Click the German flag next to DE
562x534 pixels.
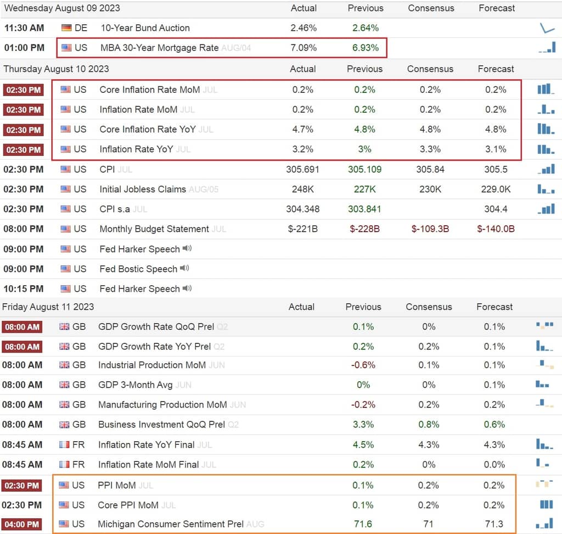[66, 27]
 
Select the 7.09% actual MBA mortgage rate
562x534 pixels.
[304, 48]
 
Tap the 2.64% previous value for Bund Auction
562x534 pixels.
[365, 27]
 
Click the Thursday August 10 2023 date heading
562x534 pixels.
[57, 69]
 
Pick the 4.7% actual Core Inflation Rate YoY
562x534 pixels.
[303, 129]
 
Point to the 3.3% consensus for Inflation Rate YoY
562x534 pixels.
[430, 149]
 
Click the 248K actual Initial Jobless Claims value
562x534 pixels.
[303, 189]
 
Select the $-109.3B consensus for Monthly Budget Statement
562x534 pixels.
[430, 229]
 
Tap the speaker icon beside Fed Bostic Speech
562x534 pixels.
[184, 268]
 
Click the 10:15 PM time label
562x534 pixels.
[23, 289]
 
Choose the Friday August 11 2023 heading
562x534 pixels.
[48, 307]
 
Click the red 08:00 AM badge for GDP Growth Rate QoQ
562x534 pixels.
[22, 327]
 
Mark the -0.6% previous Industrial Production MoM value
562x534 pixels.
[363, 365]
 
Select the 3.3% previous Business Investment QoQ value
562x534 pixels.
[363, 425]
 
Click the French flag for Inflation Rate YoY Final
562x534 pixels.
[64, 444]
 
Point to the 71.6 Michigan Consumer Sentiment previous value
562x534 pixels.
[363, 524]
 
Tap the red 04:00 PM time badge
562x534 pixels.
[22, 524]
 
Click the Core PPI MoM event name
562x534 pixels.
[128, 505]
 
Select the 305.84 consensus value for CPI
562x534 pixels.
[430, 169]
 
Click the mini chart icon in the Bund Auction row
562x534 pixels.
[547, 28]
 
